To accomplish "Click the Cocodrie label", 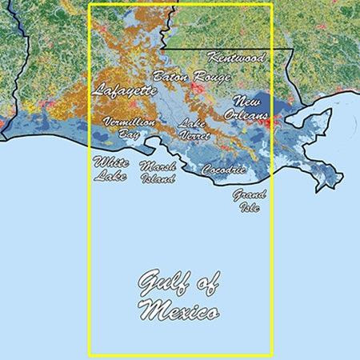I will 218,170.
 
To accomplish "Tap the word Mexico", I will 178,310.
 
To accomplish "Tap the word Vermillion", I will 128,122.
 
